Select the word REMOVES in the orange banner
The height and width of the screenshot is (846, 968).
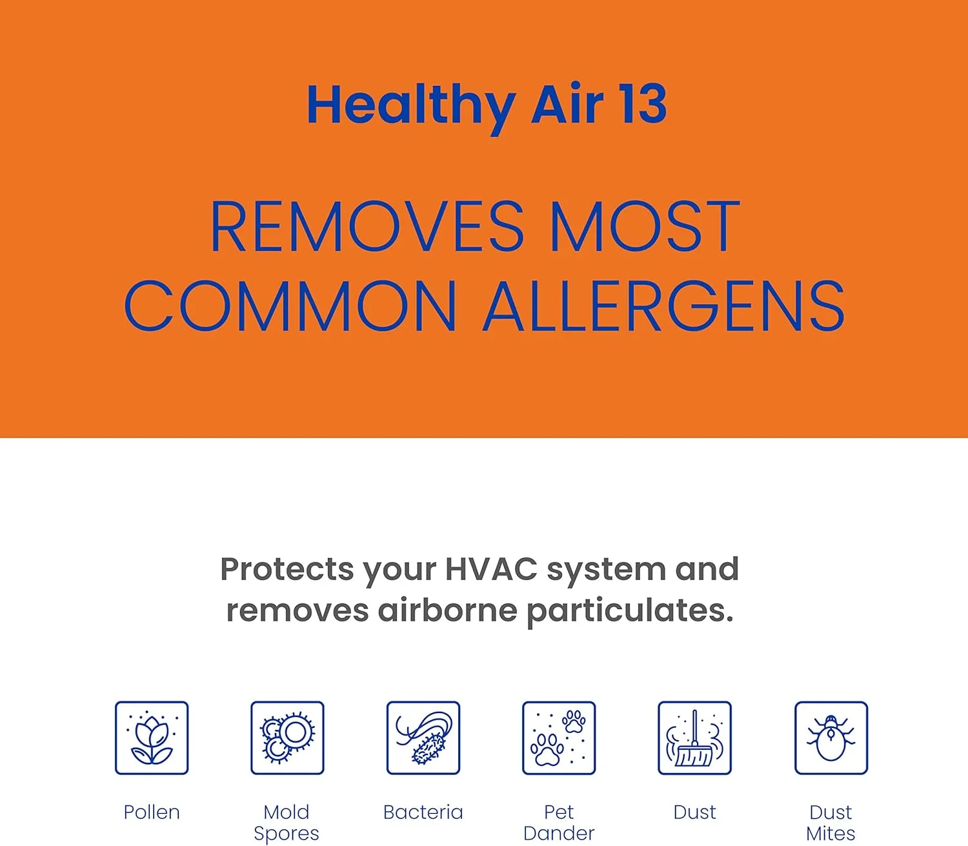367,227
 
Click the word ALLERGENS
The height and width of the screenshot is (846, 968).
664,307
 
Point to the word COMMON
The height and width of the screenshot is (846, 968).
290,307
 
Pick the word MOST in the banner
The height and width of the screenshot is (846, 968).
645,227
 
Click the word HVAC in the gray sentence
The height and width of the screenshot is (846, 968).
490,569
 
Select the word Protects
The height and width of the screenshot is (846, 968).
287,569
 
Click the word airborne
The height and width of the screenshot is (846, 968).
447,610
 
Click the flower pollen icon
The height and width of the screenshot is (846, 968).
152,738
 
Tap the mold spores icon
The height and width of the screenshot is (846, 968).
287,738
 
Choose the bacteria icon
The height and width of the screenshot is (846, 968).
423,738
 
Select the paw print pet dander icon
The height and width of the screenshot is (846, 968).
559,738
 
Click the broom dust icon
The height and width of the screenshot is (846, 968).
694,738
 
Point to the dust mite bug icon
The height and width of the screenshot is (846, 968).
831,738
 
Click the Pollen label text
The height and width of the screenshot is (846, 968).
152,812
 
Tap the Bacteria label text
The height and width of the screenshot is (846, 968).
423,812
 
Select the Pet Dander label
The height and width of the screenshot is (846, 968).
559,822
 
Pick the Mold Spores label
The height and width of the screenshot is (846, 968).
287,822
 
